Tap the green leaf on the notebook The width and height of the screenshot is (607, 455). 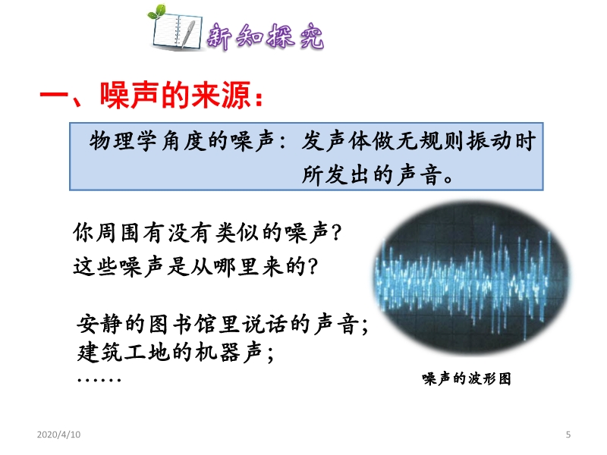tap(158, 11)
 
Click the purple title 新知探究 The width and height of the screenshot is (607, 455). tap(265, 36)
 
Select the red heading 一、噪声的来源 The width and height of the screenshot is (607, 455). tap(152, 96)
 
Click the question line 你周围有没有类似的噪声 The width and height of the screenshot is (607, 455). tap(207, 233)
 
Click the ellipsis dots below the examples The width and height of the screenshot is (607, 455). tap(99, 380)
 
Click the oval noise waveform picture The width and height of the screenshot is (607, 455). tap(472, 277)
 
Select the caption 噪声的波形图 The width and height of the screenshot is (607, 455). tap(467, 378)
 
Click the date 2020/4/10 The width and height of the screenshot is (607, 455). tap(59, 435)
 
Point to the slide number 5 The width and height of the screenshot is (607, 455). tap(568, 435)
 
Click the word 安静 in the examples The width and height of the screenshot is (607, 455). tap(99, 325)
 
